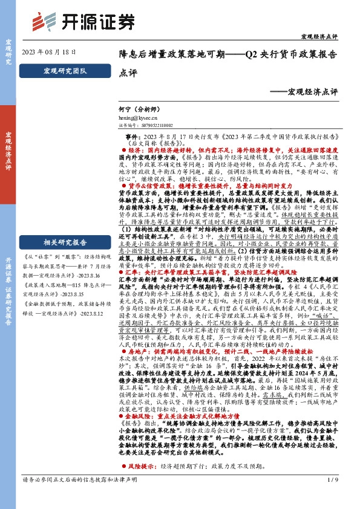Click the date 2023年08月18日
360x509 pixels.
[49, 53]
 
